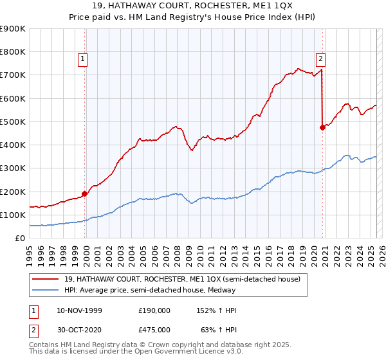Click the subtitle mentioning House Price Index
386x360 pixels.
click(x=193, y=18)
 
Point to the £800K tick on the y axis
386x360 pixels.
click(x=13, y=52)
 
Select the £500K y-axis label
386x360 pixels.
click(x=13, y=122)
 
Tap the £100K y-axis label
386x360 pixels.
click(x=13, y=215)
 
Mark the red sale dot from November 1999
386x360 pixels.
click(x=85, y=194)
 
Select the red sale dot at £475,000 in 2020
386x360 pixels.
click(x=322, y=127)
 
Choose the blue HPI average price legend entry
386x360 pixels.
click(x=150, y=290)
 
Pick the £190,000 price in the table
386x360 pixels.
click(x=154, y=310)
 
